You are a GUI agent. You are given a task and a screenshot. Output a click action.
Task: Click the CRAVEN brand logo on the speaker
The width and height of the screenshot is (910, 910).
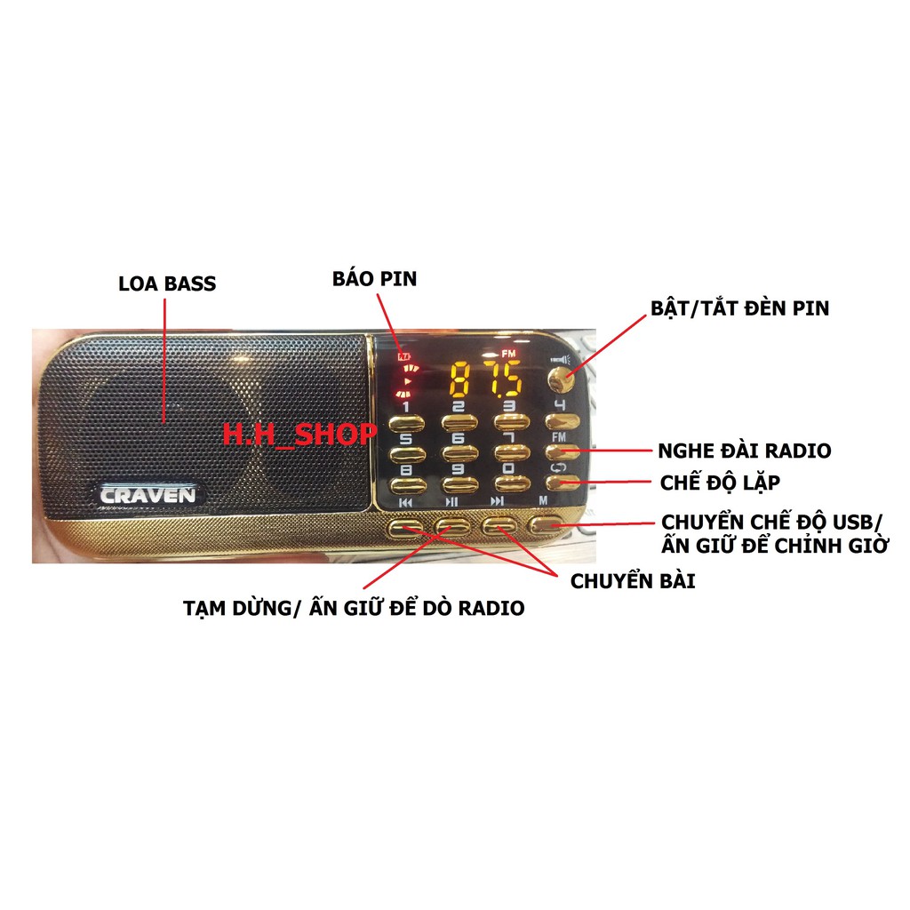148,495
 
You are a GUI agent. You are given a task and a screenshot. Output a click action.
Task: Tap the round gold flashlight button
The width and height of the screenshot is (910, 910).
561,380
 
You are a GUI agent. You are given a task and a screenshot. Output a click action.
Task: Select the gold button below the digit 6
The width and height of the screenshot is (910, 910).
459,452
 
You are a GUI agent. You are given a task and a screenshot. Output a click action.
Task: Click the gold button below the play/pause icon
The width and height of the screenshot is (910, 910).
452,526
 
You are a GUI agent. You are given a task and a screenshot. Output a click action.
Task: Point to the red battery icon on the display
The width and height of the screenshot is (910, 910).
403,356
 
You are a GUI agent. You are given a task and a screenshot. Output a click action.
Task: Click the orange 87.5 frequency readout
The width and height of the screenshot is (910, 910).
486,379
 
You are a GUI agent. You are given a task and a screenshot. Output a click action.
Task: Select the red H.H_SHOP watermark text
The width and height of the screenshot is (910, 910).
300,434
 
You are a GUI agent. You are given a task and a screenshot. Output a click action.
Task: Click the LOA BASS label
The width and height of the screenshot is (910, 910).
167,283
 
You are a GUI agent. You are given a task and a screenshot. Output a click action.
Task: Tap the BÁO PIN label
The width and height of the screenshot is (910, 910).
374,278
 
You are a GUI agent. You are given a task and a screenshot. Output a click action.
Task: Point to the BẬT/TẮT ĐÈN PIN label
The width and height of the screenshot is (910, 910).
740,308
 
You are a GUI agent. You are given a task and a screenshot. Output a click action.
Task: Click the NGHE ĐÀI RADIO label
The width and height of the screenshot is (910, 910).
745,451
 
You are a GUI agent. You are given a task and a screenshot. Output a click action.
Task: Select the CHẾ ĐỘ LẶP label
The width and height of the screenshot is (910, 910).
720,483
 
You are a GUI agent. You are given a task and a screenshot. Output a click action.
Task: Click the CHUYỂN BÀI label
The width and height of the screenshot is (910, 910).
633,581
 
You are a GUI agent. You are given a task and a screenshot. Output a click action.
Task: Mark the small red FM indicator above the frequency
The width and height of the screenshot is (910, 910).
508,354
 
